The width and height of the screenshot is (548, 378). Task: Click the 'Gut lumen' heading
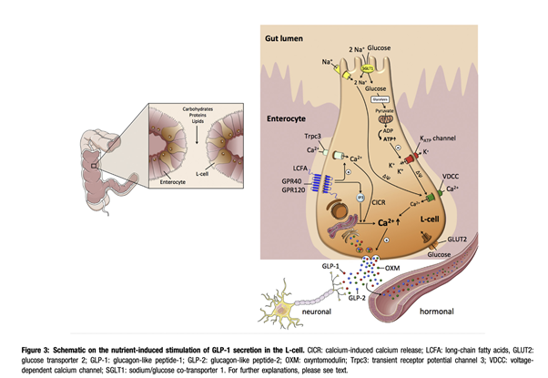284,41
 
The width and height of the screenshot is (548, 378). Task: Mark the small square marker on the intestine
96,167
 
